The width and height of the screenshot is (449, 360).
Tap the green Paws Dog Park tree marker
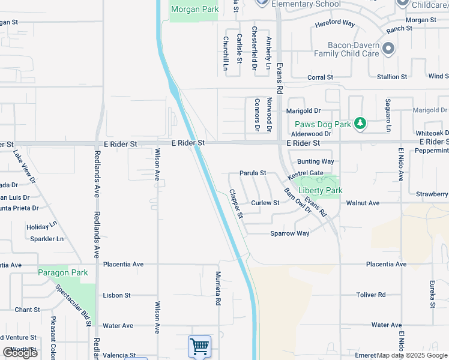click(x=360, y=124)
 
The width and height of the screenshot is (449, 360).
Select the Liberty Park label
click(x=321, y=190)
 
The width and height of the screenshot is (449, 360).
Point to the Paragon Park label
click(x=63, y=272)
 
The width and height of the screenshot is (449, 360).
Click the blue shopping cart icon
click(x=199, y=346)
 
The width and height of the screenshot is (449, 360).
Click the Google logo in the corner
click(x=20, y=353)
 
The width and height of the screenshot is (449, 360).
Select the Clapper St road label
click(x=235, y=204)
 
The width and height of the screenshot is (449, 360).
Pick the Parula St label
click(x=253, y=173)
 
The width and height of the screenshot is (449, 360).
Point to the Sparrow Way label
click(x=289, y=233)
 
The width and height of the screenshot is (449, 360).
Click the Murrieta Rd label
click(x=218, y=289)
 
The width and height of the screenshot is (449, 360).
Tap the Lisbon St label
click(x=116, y=295)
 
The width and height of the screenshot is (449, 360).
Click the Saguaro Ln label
click(x=388, y=115)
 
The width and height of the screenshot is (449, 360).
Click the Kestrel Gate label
click(x=306, y=173)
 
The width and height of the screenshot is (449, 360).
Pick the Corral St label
click(x=320, y=77)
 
